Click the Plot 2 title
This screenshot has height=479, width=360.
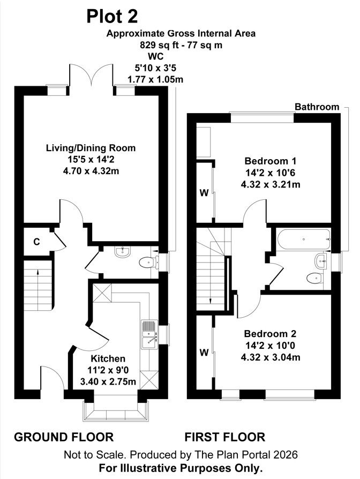tap(112, 17)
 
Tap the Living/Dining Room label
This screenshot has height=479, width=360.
tap(91, 148)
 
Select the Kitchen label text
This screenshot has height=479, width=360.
tap(108, 358)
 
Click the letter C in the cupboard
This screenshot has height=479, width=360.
tap(36, 242)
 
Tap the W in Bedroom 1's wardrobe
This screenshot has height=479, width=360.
tap(204, 193)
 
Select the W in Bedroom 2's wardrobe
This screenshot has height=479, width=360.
tap(204, 353)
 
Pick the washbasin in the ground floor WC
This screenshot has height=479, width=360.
tap(123, 252)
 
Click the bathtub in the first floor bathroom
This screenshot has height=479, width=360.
tap(304, 239)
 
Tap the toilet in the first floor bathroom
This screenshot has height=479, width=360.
tap(314, 278)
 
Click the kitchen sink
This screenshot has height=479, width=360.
tap(149, 335)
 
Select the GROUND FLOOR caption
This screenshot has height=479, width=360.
tap(64, 437)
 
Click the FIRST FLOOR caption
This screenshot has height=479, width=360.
tap(225, 437)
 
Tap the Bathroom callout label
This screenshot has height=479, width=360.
tap(317, 107)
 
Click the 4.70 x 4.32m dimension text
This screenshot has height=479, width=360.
tap(91, 171)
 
